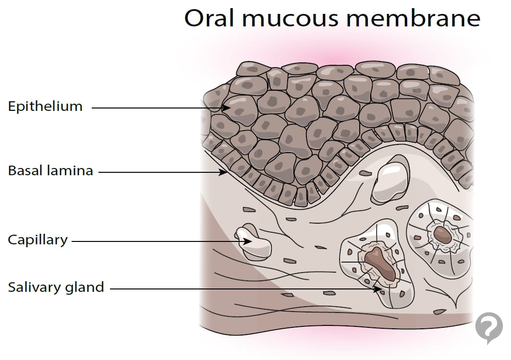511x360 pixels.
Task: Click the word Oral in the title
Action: [x=207, y=18]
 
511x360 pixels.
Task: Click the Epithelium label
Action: [x=45, y=107]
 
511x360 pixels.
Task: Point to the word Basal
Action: [x=25, y=170]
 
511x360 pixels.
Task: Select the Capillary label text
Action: [x=37, y=240]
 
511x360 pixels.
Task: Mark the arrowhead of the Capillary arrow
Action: [x=248, y=241]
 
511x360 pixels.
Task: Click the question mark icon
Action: [x=488, y=327]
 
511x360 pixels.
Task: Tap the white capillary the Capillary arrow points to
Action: [x=255, y=243]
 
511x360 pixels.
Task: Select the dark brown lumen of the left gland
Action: [x=379, y=263]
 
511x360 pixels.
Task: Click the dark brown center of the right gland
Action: [x=442, y=235]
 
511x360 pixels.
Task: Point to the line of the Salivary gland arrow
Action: [x=240, y=289]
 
